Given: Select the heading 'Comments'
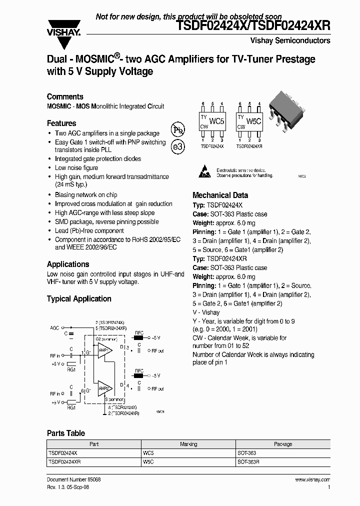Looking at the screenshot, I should pyautogui.click(x=65, y=96).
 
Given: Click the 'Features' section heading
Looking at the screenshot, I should pyautogui.click(x=61, y=123).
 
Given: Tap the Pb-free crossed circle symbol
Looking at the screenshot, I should pyautogui.click(x=178, y=129).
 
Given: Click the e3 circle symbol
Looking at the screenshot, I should pyautogui.click(x=178, y=147).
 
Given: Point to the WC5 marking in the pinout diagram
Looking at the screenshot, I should pyautogui.click(x=217, y=121).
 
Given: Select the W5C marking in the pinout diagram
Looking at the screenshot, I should pyautogui.click(x=254, y=121).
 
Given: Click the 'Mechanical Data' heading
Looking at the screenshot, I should pyautogui.click(x=220, y=195).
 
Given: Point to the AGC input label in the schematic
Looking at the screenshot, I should pyautogui.click(x=54, y=328).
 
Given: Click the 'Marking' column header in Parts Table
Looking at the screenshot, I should pyautogui.click(x=188, y=444).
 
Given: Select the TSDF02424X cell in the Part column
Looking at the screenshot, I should pyautogui.click(x=63, y=453).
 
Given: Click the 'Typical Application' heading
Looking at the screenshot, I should pyautogui.click(x=79, y=299).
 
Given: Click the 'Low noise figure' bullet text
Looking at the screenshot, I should pyautogui.click(x=76, y=168).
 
